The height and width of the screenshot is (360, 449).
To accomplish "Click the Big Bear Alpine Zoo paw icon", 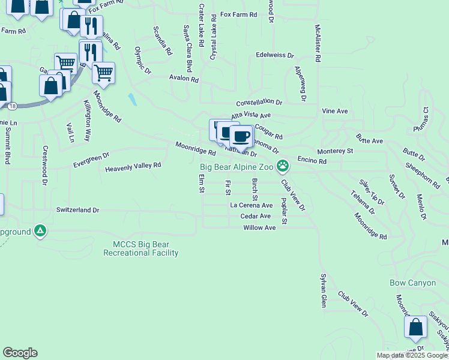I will pyautogui.click(x=283, y=165).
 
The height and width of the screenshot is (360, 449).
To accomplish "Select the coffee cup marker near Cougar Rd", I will pyautogui.click(x=241, y=137).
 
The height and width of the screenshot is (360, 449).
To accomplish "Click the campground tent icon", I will pyautogui.click(x=40, y=230).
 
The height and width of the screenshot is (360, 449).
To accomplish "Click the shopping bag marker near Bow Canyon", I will pyautogui.click(x=415, y=328).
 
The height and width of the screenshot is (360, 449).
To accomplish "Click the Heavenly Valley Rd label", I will pyautogui.click(x=133, y=166).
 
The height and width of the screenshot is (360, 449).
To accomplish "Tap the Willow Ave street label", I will pyautogui.click(x=259, y=228).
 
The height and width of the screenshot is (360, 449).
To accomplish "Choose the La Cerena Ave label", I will pyautogui.click(x=252, y=205).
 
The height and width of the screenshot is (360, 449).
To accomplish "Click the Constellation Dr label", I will pyautogui.click(x=259, y=103).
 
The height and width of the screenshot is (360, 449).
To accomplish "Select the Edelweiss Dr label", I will pyautogui.click(x=274, y=55).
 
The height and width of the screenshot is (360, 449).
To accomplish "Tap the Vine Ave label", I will pyautogui.click(x=335, y=112).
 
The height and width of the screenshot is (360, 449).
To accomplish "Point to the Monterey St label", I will pyautogui.click(x=335, y=152).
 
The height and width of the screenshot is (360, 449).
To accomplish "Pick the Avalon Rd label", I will pyautogui.click(x=184, y=79).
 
